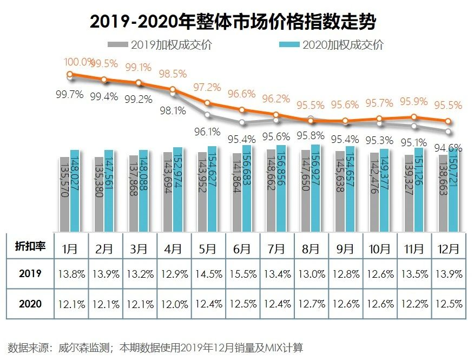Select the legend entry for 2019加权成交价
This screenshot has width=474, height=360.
pos(160,45)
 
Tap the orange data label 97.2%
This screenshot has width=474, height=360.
pos(208,87)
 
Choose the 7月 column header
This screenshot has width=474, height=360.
pos(276,249)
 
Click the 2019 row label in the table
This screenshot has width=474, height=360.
pos(30,274)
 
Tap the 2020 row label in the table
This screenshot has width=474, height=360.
pos(30,304)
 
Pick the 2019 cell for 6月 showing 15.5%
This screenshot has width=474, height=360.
pos(242,274)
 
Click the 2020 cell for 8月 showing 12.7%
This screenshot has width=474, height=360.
pos(310,304)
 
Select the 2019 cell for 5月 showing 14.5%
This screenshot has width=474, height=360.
pos(208,274)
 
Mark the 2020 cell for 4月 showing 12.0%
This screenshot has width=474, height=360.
pos(173,304)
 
